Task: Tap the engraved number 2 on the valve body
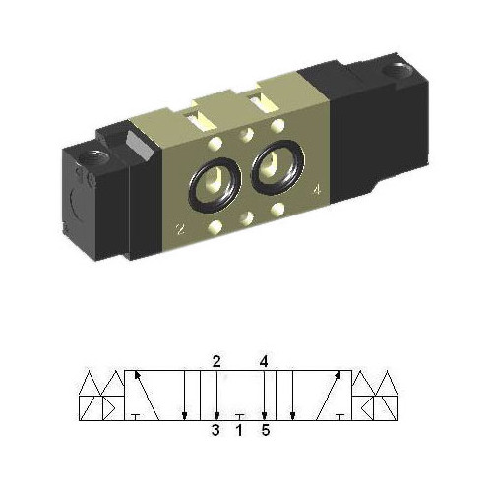pyautogui.click(x=179, y=231)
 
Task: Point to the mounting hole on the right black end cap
pyautogui.click(x=398, y=71)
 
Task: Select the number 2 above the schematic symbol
pyautogui.click(x=215, y=361)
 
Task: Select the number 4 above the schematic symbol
pyautogui.click(x=264, y=361)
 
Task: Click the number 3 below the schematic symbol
pyautogui.click(x=215, y=429)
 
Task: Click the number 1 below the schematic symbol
pyautogui.click(x=239, y=429)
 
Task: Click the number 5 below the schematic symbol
pyautogui.click(x=264, y=429)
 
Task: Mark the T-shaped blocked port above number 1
pyautogui.click(x=239, y=415)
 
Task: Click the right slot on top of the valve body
pyautogui.click(x=260, y=103)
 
